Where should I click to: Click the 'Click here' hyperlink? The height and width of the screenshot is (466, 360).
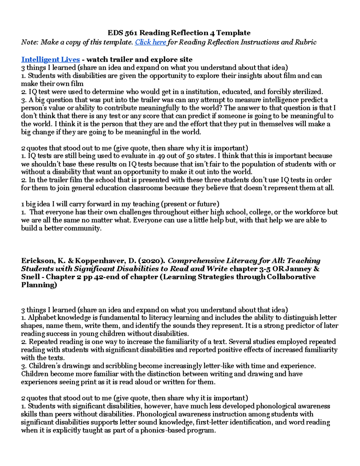pyautogui.click(x=151, y=42)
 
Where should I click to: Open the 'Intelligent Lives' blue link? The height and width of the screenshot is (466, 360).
pyautogui.click(x=50, y=59)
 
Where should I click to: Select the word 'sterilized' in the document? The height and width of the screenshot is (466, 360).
pyautogui.click(x=307, y=92)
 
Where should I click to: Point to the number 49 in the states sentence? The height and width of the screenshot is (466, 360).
pyautogui.click(x=160, y=156)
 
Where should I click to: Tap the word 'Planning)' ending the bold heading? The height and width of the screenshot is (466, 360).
pyautogui.click(x=39, y=285)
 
